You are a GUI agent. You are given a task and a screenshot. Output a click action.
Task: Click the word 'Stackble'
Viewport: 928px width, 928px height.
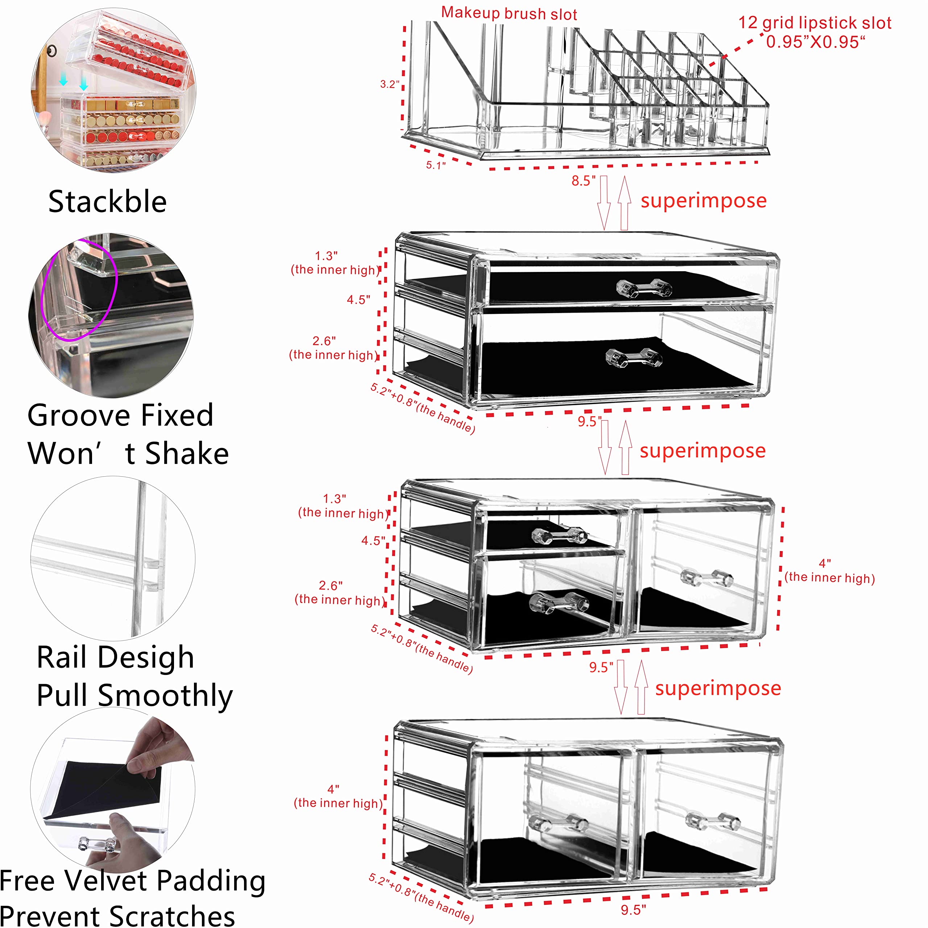[108, 202]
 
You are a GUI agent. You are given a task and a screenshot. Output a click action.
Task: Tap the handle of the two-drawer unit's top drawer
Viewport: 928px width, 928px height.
[644, 288]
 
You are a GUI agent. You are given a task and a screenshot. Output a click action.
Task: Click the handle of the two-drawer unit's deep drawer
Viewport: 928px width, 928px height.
[634, 358]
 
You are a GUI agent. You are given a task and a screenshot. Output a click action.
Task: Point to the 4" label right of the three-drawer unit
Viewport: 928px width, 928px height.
[825, 563]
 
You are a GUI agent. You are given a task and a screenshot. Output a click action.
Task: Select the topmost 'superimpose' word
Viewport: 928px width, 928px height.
[703, 201]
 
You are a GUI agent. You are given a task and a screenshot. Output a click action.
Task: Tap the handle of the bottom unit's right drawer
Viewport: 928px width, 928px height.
[712, 822]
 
